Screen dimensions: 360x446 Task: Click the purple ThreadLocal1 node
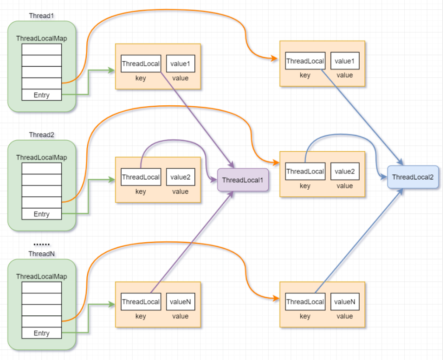243,180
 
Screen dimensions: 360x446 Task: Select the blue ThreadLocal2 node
413,177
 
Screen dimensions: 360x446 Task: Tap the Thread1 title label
41,16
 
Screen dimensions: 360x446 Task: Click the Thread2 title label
41,135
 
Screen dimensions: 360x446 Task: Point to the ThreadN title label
41,254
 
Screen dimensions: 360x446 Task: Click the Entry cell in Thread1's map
41,95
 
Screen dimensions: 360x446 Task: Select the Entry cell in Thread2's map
41,214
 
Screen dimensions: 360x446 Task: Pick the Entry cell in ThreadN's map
41,333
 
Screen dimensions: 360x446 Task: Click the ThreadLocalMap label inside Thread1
41,39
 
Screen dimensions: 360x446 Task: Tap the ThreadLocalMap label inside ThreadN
41,276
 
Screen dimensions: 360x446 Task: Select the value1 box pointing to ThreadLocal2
344,61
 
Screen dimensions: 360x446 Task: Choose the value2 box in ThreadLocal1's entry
180,177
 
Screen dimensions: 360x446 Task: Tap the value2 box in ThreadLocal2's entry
344,171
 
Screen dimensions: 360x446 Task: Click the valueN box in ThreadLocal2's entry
344,302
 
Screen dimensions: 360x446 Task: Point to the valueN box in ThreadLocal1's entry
180,302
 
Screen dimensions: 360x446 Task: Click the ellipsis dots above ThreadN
41,244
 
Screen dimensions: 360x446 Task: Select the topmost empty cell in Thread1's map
41,49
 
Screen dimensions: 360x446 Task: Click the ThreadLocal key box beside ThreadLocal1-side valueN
141,302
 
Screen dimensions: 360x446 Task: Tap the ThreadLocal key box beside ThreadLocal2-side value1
305,61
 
